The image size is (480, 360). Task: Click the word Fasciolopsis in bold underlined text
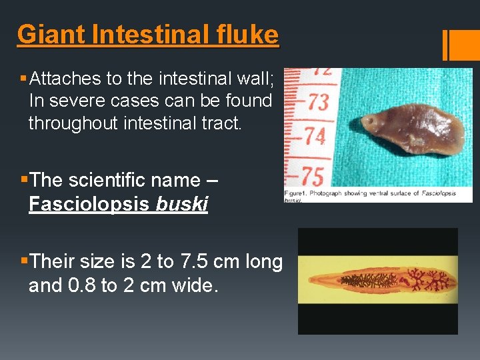[x=89, y=204]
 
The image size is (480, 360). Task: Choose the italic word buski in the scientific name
[x=181, y=204]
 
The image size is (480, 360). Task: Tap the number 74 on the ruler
[x=314, y=137]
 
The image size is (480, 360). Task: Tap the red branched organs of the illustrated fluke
[x=427, y=279]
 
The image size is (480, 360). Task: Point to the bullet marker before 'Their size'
[x=24, y=261]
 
